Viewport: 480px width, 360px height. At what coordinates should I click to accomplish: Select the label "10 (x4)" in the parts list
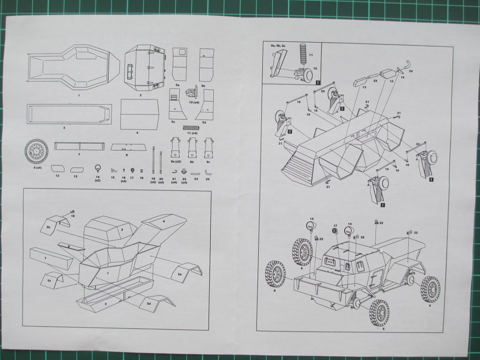(194, 102)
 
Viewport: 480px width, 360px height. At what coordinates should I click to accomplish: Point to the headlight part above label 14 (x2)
(97, 168)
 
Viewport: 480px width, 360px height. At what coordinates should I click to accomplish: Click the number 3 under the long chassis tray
(64, 127)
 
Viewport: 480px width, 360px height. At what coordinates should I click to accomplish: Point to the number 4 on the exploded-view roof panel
(164, 221)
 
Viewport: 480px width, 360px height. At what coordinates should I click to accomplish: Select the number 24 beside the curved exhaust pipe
(411, 72)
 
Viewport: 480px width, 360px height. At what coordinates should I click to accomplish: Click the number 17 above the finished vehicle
(335, 226)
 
